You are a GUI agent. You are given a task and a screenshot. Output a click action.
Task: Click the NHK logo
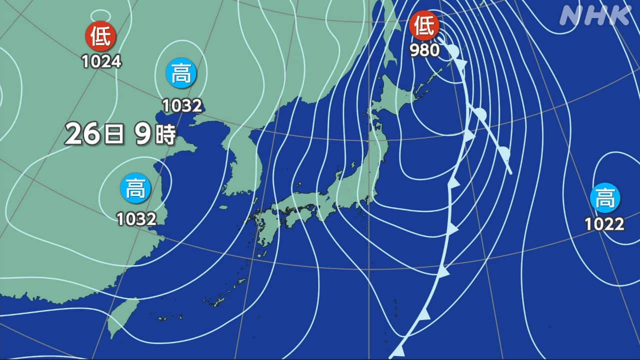(x=595, y=16)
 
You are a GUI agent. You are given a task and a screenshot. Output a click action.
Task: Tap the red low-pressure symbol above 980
(x=424, y=26)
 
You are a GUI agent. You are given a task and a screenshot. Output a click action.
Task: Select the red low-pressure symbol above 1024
(x=101, y=36)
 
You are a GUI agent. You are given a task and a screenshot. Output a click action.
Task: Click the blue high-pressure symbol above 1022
(x=605, y=198)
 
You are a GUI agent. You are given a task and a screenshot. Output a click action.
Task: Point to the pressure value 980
(x=424, y=50)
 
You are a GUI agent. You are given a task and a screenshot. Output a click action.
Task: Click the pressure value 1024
(x=101, y=61)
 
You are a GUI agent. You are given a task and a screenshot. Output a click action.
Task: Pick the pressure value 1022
(x=605, y=224)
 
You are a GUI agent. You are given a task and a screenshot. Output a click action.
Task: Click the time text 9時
(x=155, y=134)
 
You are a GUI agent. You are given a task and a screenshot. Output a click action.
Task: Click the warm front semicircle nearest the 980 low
(x=453, y=51)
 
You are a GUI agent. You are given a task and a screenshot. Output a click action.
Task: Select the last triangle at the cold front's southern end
(x=398, y=350)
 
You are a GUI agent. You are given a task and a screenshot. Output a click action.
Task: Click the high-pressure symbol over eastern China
(x=135, y=190)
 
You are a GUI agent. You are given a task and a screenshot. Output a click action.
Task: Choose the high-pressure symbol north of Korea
(x=181, y=73)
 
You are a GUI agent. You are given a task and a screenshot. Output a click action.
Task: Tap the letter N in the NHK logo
(x=571, y=16)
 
